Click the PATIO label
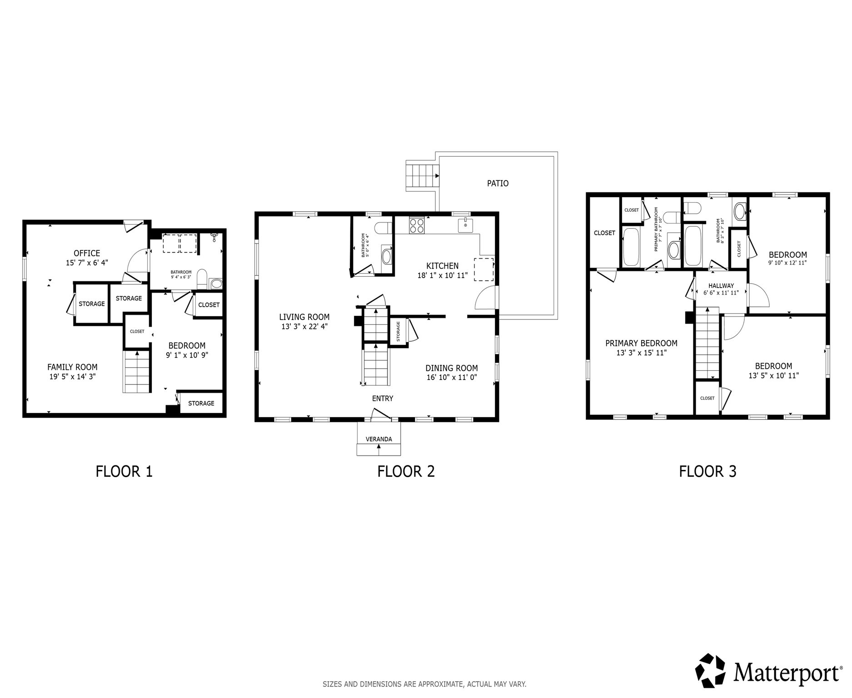(498, 184)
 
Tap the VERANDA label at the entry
(379, 439)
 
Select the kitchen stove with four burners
(417, 225)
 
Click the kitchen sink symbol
(465, 225)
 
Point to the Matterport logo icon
(712, 671)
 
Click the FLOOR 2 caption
(406, 471)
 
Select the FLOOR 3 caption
(708, 471)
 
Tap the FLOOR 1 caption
(124, 471)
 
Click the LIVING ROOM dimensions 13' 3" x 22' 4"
(304, 326)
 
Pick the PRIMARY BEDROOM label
(641, 344)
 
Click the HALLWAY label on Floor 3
(721, 286)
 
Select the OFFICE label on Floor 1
(87, 253)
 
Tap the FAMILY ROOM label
(73, 367)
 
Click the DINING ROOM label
(452, 368)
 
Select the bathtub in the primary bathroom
(631, 247)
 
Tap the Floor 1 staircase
(137, 371)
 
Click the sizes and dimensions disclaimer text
(424, 684)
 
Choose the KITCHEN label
(442, 266)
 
